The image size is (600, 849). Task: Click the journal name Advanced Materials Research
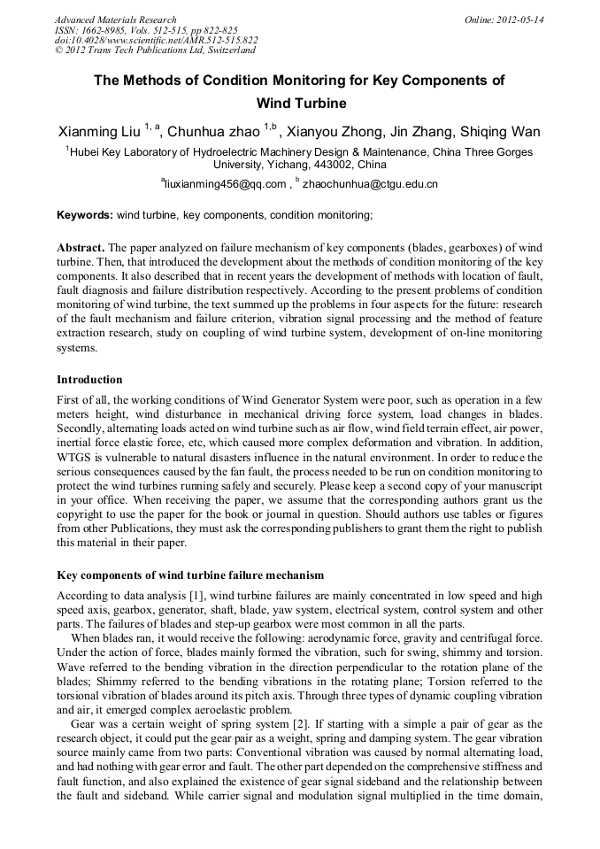pyautogui.click(x=115, y=19)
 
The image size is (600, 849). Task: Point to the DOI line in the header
pyautogui.click(x=156, y=41)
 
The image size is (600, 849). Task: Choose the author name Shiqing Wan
pyautogui.click(x=500, y=132)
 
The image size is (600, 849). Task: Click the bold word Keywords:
pyautogui.click(x=85, y=215)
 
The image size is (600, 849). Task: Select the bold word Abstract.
pyautogui.click(x=81, y=247)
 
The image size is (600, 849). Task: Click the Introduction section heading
pyautogui.click(x=89, y=380)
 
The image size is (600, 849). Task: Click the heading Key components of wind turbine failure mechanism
pyautogui.click(x=190, y=576)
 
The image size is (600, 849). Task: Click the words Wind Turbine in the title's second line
pyautogui.click(x=299, y=104)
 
